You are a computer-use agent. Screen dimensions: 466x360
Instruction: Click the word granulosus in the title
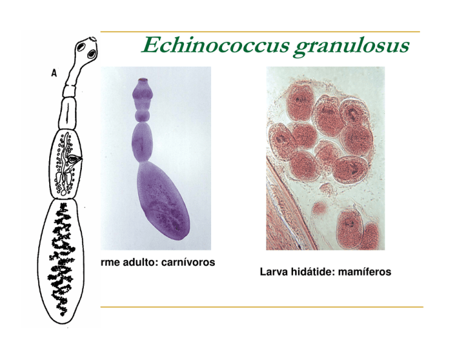pyautogui.click(x=351, y=47)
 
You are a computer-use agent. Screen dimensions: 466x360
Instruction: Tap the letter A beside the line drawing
pyautogui.click(x=54, y=72)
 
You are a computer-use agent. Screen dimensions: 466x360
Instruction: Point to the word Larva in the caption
pyautogui.click(x=272, y=271)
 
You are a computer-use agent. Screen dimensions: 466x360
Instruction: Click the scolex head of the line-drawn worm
pyautogui.click(x=87, y=49)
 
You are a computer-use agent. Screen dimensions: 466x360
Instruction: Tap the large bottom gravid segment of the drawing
pyautogui.click(x=61, y=262)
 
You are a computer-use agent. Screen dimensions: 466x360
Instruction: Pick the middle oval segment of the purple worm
pyautogui.click(x=142, y=141)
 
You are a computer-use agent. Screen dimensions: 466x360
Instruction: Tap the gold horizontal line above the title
pyautogui.click(x=260, y=32)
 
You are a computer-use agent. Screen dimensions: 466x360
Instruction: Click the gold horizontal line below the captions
pyautogui.click(x=262, y=307)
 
